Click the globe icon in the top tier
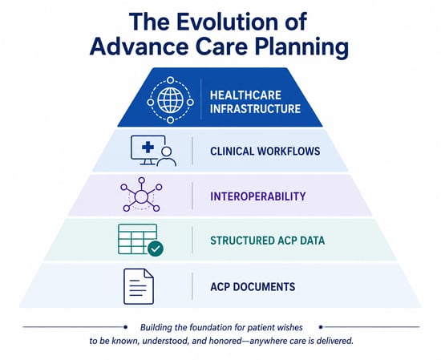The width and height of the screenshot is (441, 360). coord(171,100)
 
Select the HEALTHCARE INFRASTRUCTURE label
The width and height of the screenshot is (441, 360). coord(255,102)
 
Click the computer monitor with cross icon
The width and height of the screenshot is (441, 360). coord(148,150)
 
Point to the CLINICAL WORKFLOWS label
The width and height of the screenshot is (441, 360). coord(265,152)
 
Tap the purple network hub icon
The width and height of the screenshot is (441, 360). coord(141,195)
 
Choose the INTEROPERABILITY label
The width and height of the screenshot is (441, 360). coord(258,196)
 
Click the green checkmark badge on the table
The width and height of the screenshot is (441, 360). coord(156,249)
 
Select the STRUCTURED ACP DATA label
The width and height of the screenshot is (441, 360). coord(268,241)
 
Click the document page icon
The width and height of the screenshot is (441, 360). coord(139,286)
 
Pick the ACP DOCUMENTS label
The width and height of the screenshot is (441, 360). coord(253,286)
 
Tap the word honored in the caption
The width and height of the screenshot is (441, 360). coord(225,341)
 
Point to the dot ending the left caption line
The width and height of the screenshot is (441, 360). coord(125,327)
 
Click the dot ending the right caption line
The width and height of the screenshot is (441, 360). coord(321,327)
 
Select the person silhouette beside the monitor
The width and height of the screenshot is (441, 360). coord(167,156)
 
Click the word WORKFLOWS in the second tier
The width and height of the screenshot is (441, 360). coord(289,152)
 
